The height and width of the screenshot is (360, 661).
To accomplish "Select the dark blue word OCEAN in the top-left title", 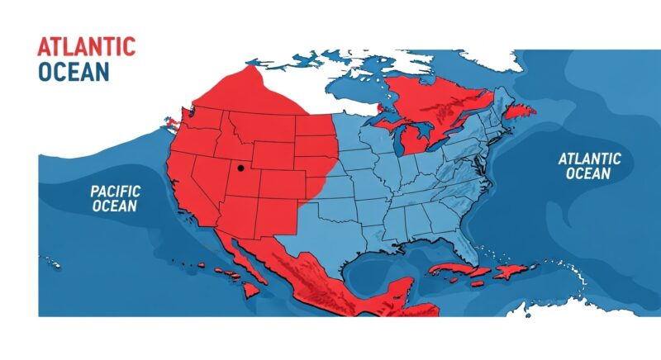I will (73, 72).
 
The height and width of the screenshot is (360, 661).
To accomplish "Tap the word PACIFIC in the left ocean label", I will (114, 192).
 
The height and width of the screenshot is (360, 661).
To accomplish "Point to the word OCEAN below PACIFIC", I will (114, 206).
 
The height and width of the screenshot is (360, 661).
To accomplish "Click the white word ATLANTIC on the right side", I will (589, 159).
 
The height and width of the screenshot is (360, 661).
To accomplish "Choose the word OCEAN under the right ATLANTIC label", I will (589, 173).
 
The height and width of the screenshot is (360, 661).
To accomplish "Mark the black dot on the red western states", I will (240, 168).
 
